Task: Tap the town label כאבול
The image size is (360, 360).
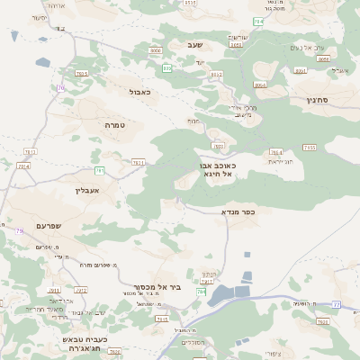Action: [139, 91]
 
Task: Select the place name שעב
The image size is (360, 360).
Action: [196, 45]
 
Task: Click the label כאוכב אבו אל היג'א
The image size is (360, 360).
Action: [217, 169]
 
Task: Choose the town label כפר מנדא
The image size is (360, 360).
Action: [238, 211]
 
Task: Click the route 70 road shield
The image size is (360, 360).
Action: [61, 87]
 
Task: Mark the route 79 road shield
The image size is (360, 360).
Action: [20, 231]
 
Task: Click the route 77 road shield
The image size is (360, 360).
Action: [337, 305]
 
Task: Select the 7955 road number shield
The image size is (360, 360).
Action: [309, 147]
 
